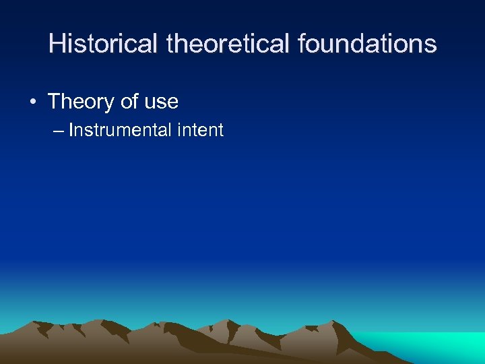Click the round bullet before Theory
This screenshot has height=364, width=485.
(x=33, y=102)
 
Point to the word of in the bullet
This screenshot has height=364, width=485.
(x=128, y=102)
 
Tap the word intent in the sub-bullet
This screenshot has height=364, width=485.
(x=201, y=130)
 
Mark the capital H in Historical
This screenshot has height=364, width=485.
(x=57, y=44)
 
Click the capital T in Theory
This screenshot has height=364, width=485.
(x=54, y=102)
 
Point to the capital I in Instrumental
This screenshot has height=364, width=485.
(x=71, y=130)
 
